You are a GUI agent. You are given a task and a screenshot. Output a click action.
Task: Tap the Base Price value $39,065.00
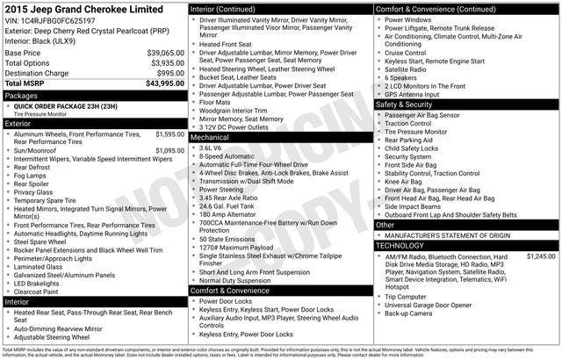165,53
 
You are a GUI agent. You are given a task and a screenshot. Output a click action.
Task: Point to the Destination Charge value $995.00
170,73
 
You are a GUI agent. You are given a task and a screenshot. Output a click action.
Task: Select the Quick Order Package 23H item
67,105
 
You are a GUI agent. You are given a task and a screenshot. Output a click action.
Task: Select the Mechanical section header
210,137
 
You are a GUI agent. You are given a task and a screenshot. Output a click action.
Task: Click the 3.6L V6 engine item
211,148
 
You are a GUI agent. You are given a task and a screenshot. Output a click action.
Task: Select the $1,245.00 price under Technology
540,256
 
